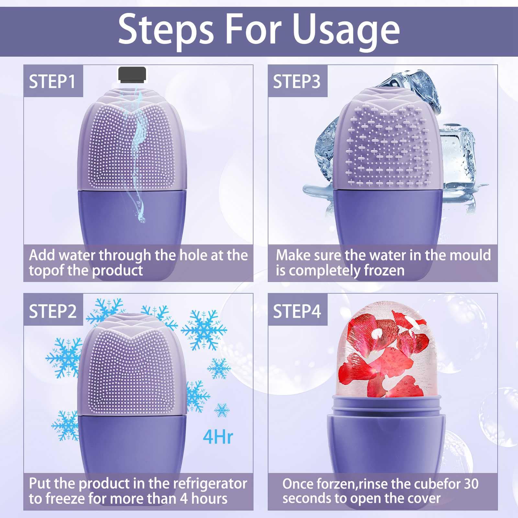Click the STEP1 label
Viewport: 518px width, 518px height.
[52, 81]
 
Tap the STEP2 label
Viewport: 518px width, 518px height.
[53, 311]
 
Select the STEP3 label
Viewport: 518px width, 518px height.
[297, 81]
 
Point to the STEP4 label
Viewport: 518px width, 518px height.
[297, 311]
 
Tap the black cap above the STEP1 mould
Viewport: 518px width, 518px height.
[132, 75]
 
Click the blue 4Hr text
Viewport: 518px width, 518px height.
[218, 437]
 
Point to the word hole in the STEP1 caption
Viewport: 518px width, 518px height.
[193, 255]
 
